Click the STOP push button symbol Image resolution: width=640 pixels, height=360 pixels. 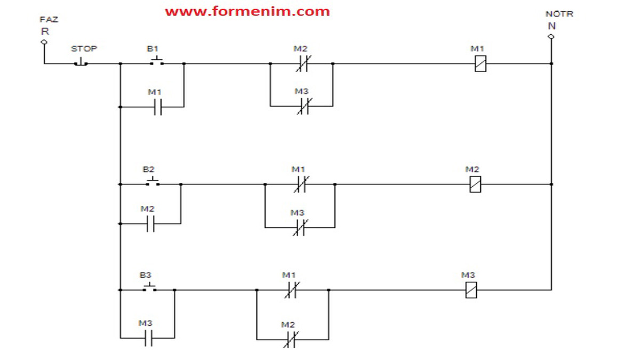[81, 62]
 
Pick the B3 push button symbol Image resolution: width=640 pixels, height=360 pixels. [150, 289]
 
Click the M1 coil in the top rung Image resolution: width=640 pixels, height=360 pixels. [480, 64]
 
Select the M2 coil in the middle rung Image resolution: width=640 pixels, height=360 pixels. [475, 185]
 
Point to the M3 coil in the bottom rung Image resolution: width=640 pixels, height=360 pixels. [470, 290]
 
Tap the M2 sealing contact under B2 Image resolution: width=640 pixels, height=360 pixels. [150, 224]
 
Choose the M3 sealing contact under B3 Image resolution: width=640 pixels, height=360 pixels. [148, 338]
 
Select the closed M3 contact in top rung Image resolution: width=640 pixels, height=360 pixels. [302, 106]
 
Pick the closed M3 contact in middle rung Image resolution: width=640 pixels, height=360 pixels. [300, 228]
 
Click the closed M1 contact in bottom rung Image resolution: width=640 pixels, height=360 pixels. [291, 290]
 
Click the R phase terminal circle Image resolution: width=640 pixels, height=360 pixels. [45, 42]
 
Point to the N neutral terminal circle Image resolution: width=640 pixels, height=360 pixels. [551, 36]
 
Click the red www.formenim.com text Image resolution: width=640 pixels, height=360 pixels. [247, 11]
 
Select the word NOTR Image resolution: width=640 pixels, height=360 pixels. [559, 14]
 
